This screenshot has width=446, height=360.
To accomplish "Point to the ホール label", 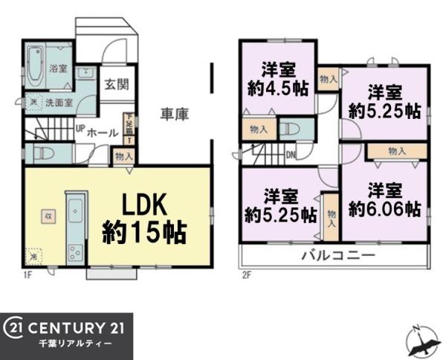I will pos(102,132).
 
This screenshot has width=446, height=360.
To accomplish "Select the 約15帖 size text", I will pos(143,232).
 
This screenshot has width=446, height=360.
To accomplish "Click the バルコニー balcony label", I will pos(337,256).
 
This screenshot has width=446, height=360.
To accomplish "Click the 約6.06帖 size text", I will pos(385,209).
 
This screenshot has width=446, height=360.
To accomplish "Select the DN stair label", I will pos(291,155).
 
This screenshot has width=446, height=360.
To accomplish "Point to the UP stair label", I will pos(79,128).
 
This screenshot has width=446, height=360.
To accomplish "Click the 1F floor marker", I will pos(28,274).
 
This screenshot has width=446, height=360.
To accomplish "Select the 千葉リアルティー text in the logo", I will pos(75,345).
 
